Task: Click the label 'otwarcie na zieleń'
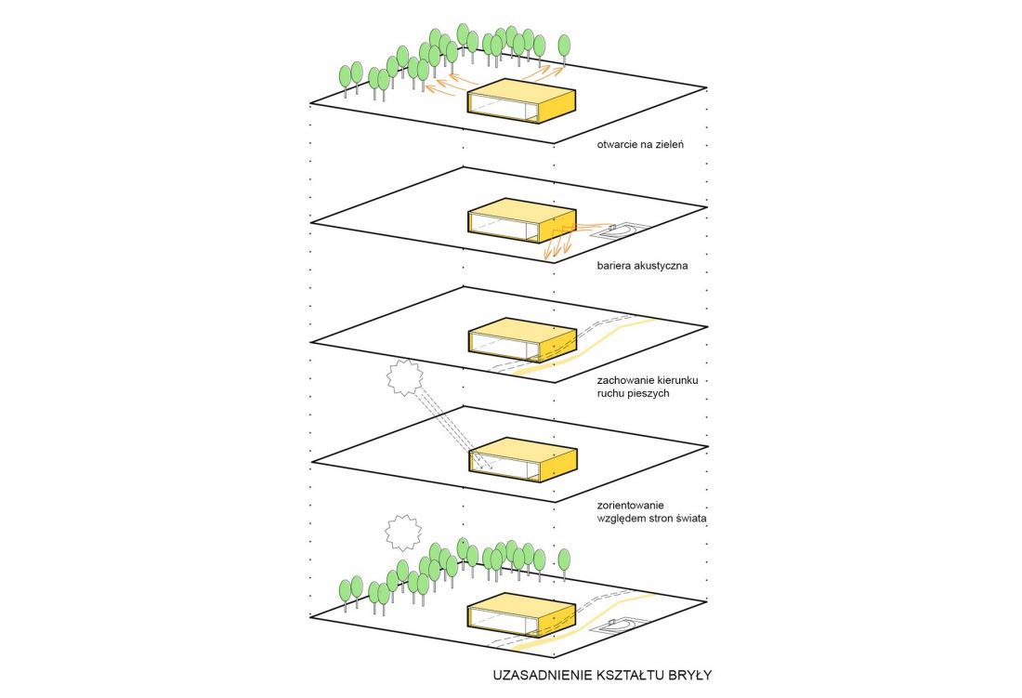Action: [x=640, y=144]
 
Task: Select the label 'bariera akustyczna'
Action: [x=642, y=265]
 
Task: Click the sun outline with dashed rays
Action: [x=405, y=378]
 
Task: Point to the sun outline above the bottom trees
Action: [x=404, y=533]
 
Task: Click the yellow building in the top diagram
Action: [x=522, y=101]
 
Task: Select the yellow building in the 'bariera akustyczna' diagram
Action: [x=522, y=220]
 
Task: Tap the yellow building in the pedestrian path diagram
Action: [x=522, y=340]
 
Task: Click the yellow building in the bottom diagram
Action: [x=522, y=614]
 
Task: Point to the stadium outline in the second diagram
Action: [x=622, y=230]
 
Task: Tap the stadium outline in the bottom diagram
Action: [x=622, y=626]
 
